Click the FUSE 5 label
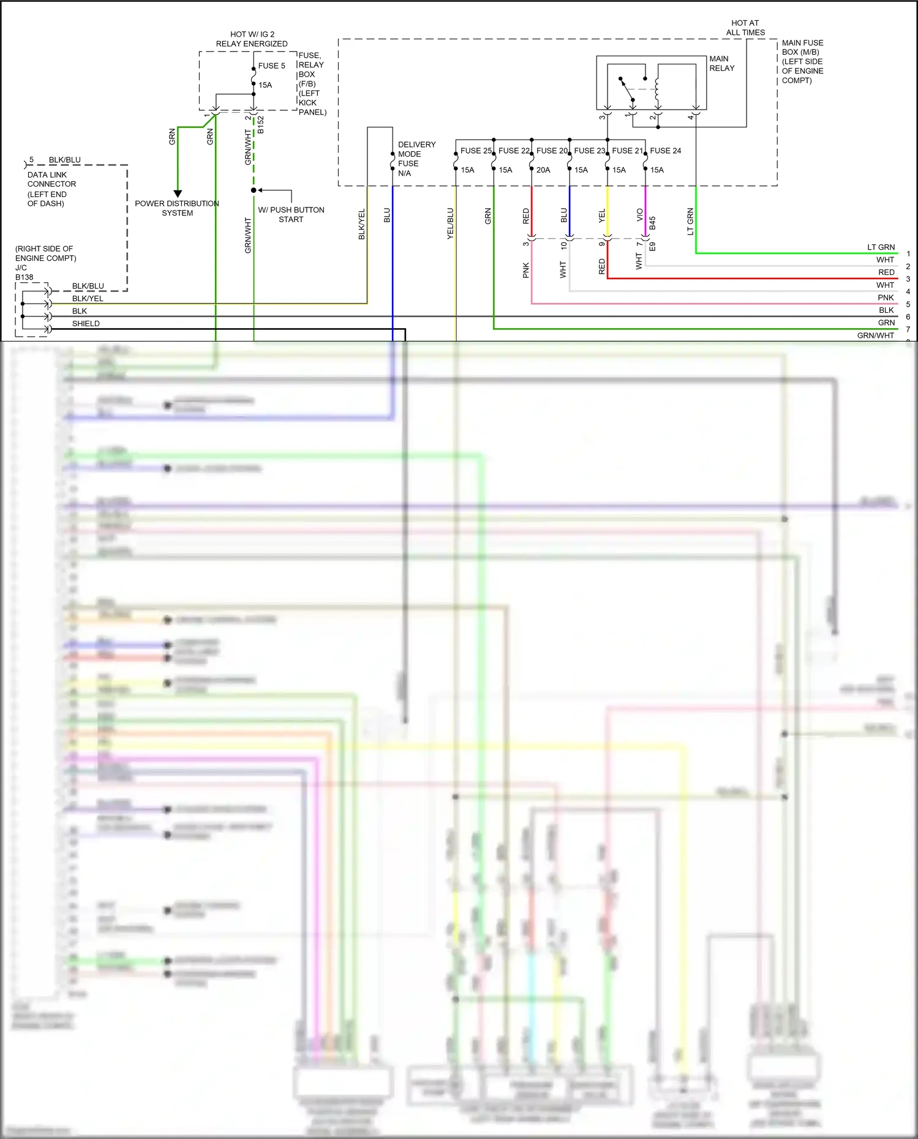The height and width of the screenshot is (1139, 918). [x=271, y=66]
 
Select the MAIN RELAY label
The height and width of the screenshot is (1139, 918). [x=721, y=64]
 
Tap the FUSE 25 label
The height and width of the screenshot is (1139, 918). [x=476, y=151]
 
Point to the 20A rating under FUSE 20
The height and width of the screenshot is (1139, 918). [x=543, y=170]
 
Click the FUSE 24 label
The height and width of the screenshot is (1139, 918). [x=665, y=151]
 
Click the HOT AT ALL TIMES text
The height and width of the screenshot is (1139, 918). [x=745, y=28]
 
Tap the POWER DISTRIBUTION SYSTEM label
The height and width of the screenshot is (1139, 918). [x=177, y=208]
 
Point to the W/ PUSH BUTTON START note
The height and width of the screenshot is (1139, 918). [x=291, y=214]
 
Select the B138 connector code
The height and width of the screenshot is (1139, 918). [x=24, y=277]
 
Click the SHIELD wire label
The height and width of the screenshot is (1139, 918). [x=86, y=324]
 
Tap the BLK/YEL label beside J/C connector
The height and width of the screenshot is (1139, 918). [x=88, y=299]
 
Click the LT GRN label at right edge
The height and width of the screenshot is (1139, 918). [x=881, y=247]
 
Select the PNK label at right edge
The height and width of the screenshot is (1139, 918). [x=886, y=297]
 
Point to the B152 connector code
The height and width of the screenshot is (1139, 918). [x=260, y=125]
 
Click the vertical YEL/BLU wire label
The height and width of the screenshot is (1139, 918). [x=450, y=223]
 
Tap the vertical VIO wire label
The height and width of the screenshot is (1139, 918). [x=639, y=215]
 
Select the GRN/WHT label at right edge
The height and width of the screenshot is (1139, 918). [x=875, y=335]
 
